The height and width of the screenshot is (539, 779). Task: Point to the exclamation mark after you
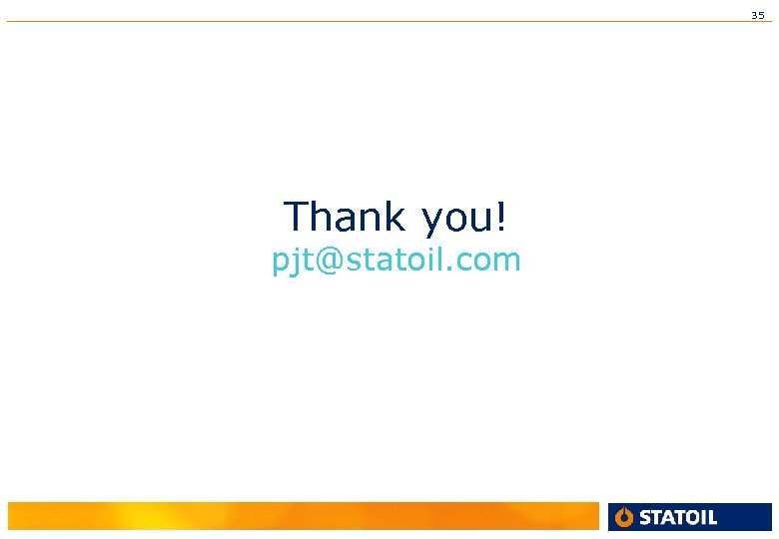point(501,216)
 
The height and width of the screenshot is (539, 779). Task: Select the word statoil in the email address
point(391,261)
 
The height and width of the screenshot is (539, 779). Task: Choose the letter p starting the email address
point(280,265)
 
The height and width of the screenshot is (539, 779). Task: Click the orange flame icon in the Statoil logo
point(625,517)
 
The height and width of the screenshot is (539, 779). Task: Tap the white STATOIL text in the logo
point(677,517)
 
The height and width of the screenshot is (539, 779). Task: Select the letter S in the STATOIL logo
point(644,517)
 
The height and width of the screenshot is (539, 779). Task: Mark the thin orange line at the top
point(389,22)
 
